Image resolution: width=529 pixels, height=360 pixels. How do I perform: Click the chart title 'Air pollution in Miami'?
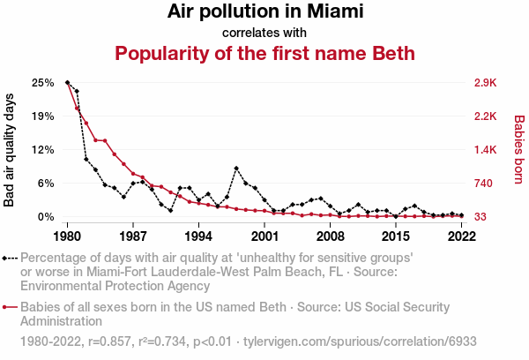point(264,12)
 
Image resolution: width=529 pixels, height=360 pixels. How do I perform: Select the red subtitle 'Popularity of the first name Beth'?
point(264,54)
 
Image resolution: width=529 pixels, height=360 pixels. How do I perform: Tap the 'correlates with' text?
point(264,33)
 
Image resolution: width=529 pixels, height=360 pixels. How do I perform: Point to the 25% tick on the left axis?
point(43,83)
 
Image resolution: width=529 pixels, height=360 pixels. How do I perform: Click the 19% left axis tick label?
point(43,116)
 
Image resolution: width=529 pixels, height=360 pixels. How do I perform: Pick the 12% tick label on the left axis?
point(43,150)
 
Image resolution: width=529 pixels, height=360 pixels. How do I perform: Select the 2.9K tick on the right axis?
point(486,83)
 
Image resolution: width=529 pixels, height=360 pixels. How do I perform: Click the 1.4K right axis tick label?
point(486,150)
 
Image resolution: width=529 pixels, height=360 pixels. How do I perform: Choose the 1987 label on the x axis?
point(133,236)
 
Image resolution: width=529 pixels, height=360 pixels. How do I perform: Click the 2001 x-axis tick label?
point(264,236)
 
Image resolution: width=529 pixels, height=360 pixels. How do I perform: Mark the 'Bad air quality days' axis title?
point(11,149)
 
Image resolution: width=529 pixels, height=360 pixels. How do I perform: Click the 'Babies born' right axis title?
point(518,149)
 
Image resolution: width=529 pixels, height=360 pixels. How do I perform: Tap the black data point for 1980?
point(68,83)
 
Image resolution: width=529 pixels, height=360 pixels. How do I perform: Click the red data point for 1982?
point(86,123)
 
